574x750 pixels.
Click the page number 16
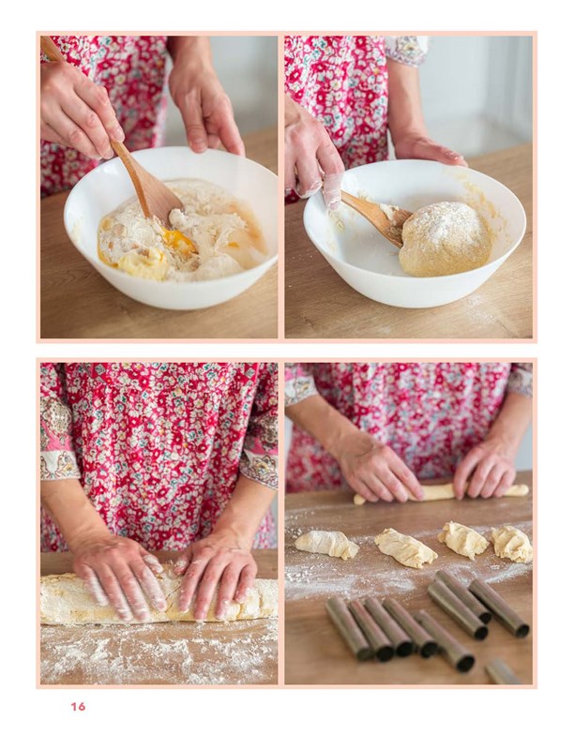pos(78,707)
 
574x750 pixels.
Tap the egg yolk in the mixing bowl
pos(179,240)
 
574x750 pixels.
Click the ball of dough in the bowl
pos(445,239)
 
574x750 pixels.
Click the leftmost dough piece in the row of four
pos(326,545)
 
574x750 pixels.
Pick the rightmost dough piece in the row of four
pos(512,544)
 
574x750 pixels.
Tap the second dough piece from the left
pos(405,547)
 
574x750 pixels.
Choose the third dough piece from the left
pos(462,540)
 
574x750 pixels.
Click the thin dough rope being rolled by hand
pos(440,494)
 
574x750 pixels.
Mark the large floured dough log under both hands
pos(159,600)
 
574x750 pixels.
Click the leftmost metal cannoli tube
pos(348,628)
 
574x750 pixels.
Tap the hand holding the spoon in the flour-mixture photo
pos(82,110)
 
